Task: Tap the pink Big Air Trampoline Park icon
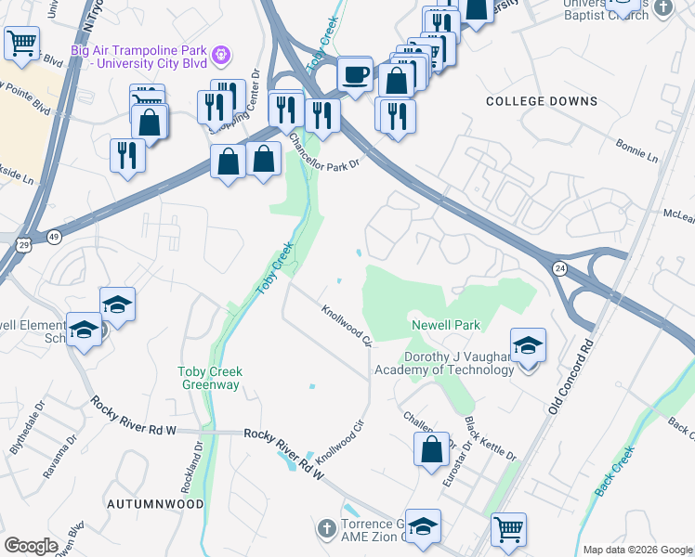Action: pos(220,55)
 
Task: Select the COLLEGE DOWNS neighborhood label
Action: pos(542,101)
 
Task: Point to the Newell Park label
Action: pos(446,326)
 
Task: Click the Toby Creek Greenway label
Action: pos(210,379)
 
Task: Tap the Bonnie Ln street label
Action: pos(636,152)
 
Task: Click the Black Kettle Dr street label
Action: pos(490,438)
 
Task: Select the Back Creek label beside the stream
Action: pos(615,471)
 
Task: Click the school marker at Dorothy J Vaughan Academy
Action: pos(528,346)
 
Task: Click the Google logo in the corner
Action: pos(32,545)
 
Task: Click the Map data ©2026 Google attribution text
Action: pos(636,549)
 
